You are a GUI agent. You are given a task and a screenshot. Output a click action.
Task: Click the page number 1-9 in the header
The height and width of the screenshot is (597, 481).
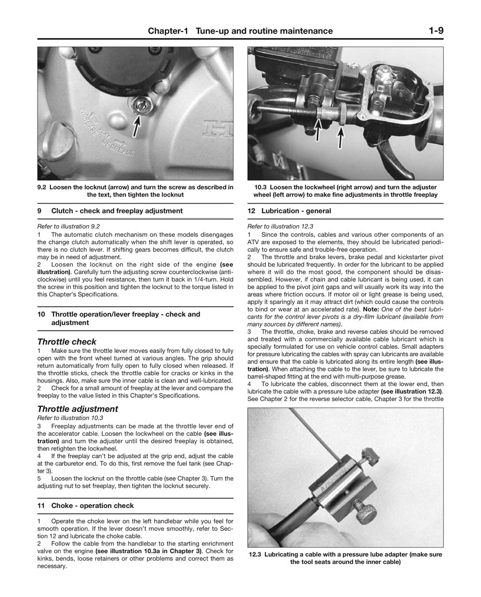433,31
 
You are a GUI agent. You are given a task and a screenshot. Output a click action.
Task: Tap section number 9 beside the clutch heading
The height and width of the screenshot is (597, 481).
39,211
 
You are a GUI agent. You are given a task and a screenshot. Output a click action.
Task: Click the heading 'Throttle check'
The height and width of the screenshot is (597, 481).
67,342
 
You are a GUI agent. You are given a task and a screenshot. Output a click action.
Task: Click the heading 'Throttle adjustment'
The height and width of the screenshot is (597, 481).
77,409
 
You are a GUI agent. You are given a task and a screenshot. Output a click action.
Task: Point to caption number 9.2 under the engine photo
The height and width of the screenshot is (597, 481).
41,187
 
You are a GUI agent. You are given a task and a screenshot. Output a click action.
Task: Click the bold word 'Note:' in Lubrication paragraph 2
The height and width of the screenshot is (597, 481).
371,309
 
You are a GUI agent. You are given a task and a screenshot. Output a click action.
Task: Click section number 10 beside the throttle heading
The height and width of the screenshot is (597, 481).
41,314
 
